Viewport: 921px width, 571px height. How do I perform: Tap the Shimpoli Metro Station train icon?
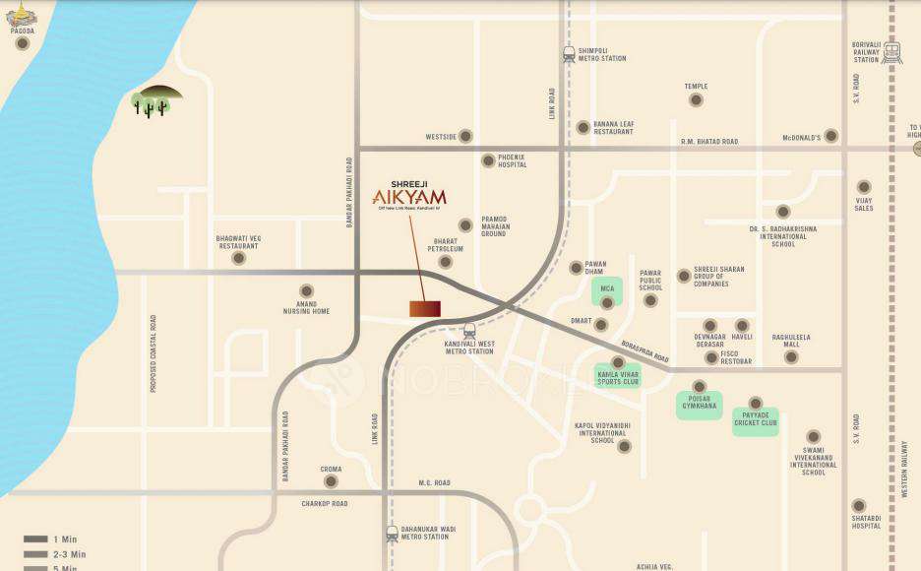click(569, 55)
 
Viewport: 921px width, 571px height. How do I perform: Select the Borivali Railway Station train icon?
click(891, 52)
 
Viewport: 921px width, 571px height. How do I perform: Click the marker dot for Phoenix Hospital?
click(488, 160)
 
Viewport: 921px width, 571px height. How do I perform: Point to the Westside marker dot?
click(465, 137)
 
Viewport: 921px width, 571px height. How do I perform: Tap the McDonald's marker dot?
click(831, 136)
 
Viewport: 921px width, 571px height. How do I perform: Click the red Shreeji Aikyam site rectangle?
click(425, 308)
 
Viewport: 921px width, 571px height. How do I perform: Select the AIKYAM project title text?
click(409, 197)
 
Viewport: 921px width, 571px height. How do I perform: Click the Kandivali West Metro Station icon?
click(469, 331)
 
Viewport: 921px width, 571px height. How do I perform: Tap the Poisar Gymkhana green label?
click(699, 405)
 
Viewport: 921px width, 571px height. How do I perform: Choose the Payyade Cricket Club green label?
click(755, 421)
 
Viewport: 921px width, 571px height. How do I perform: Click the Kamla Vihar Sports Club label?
click(618, 376)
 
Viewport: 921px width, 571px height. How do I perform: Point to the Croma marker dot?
click(332, 480)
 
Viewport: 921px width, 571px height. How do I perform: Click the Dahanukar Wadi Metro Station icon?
click(393, 534)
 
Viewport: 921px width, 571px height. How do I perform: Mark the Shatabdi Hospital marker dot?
click(859, 505)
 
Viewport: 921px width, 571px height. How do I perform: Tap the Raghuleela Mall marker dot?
click(791, 356)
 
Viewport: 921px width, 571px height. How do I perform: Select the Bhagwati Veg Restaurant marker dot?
click(238, 258)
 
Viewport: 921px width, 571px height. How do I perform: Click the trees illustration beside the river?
click(156, 100)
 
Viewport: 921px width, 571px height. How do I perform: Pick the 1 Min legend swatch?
click(36, 539)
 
